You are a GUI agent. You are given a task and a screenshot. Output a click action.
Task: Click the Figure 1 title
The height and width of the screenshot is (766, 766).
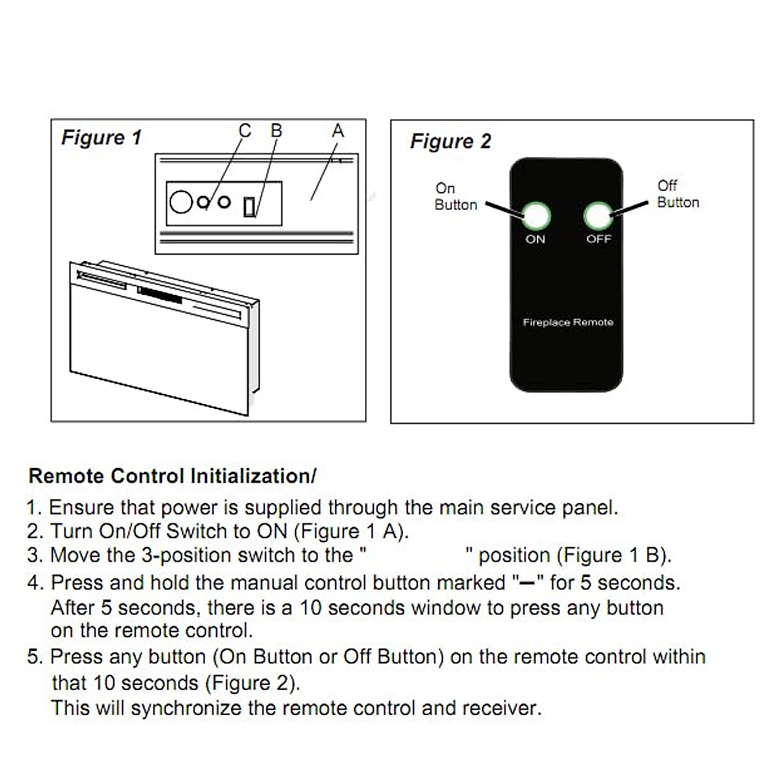101,138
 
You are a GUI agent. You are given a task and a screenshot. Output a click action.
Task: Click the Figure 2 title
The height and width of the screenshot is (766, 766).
450,141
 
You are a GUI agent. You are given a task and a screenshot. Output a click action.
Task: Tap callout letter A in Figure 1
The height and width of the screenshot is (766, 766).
338,131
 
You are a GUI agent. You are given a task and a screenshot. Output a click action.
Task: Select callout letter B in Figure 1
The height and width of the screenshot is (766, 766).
276,131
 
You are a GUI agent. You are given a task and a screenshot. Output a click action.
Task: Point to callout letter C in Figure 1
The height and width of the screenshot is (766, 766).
244,131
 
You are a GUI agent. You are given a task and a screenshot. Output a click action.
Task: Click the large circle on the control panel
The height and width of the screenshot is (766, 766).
181,202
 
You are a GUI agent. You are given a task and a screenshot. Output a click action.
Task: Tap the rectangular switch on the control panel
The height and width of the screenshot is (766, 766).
250,207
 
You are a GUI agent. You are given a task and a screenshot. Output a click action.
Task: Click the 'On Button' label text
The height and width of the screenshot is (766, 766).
455,197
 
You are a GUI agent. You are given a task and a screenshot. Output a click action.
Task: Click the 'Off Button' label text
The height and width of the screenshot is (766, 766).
677,194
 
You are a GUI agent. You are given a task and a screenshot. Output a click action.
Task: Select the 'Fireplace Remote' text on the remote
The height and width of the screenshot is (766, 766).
567,322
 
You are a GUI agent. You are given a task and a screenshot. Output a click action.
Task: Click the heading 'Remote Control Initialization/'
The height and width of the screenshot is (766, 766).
172,476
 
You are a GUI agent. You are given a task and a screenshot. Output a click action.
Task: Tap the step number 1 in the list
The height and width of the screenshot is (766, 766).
33,508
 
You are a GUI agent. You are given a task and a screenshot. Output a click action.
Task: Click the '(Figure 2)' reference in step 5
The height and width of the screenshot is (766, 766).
252,683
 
